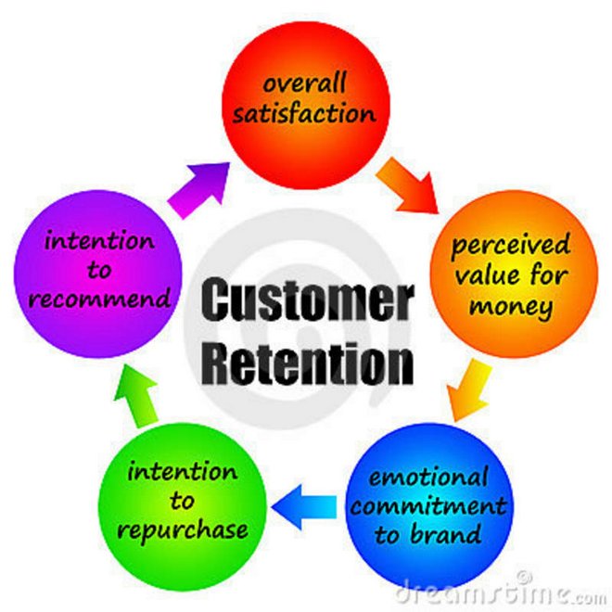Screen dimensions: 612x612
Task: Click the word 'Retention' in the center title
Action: point(306,363)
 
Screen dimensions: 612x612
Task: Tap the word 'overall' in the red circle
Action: point(306,84)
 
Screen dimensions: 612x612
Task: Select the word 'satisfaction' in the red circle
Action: point(306,115)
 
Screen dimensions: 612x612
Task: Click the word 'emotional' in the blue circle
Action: point(428,478)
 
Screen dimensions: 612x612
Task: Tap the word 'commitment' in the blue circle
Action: point(428,506)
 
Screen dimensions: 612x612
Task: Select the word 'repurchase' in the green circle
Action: point(188,529)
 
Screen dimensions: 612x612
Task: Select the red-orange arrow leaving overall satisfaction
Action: point(409,183)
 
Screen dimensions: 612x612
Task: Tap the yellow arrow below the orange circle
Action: point(469,390)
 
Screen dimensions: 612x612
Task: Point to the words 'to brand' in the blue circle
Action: point(428,535)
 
